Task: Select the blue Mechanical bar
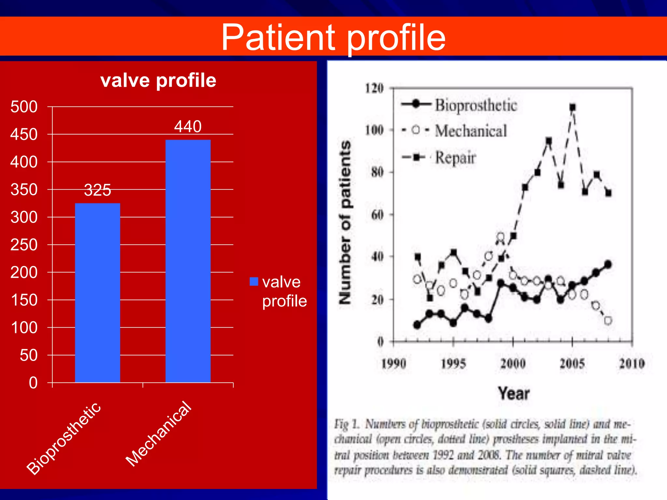click(x=188, y=261)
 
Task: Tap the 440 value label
click(x=188, y=126)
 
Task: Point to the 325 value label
click(x=97, y=190)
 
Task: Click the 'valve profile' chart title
click(x=158, y=80)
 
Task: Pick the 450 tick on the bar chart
click(x=24, y=134)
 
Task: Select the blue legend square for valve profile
click(x=254, y=282)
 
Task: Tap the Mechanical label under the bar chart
click(x=159, y=434)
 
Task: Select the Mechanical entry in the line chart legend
click(x=471, y=131)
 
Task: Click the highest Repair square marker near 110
click(x=573, y=107)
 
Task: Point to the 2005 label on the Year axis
click(x=572, y=364)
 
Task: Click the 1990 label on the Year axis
click(x=393, y=364)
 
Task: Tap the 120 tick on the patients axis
click(x=374, y=88)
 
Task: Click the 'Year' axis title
click(x=514, y=393)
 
